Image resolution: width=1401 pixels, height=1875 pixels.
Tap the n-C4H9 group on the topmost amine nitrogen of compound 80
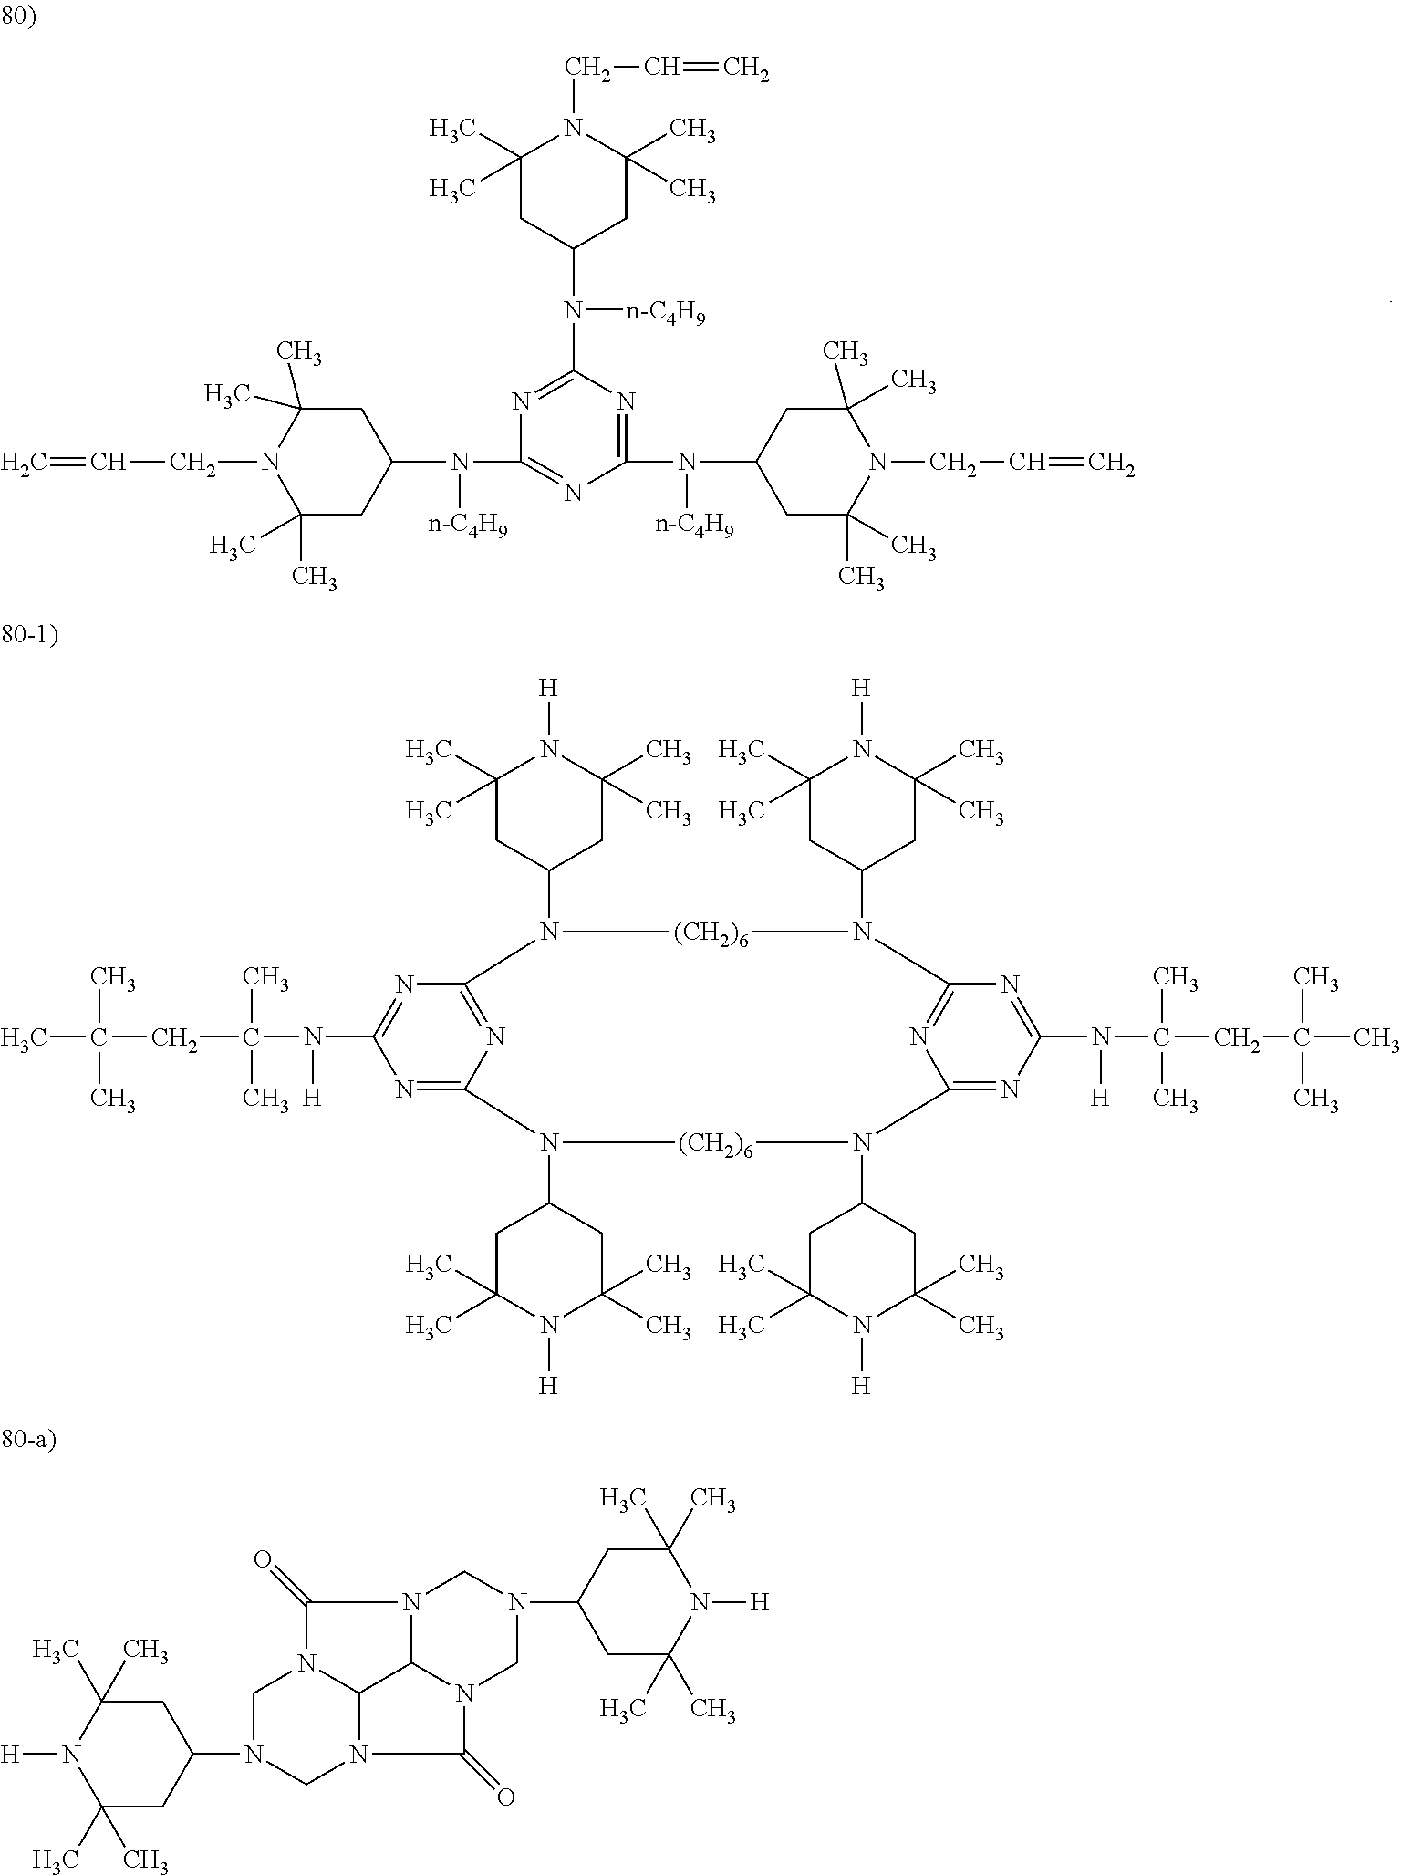click(x=665, y=313)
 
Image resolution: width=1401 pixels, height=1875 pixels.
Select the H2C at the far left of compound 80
click(x=26, y=464)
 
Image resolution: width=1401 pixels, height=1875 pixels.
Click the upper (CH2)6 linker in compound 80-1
click(x=711, y=934)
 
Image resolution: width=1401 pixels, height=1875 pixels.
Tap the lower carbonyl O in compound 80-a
click(x=504, y=1797)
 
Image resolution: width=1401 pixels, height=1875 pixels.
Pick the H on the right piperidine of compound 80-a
click(x=760, y=1601)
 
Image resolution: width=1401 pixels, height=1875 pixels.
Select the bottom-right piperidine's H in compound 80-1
click(x=861, y=1387)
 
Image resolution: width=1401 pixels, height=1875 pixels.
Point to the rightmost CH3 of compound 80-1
click(x=1377, y=1037)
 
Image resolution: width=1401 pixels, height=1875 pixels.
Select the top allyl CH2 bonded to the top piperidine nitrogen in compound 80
click(x=588, y=69)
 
